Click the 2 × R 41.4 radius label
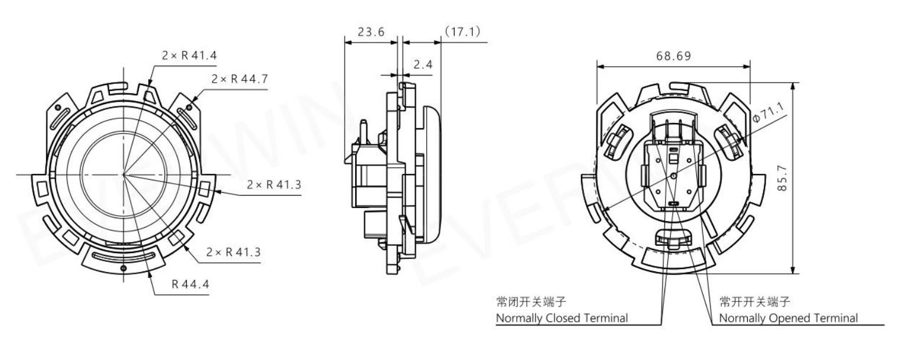click(x=189, y=56)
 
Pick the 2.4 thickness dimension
click(x=422, y=64)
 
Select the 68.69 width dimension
click(x=674, y=56)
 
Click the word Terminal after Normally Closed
click(x=606, y=319)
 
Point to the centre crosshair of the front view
click(x=124, y=175)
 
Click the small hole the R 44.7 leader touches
click(x=189, y=106)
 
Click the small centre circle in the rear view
click(x=673, y=176)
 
